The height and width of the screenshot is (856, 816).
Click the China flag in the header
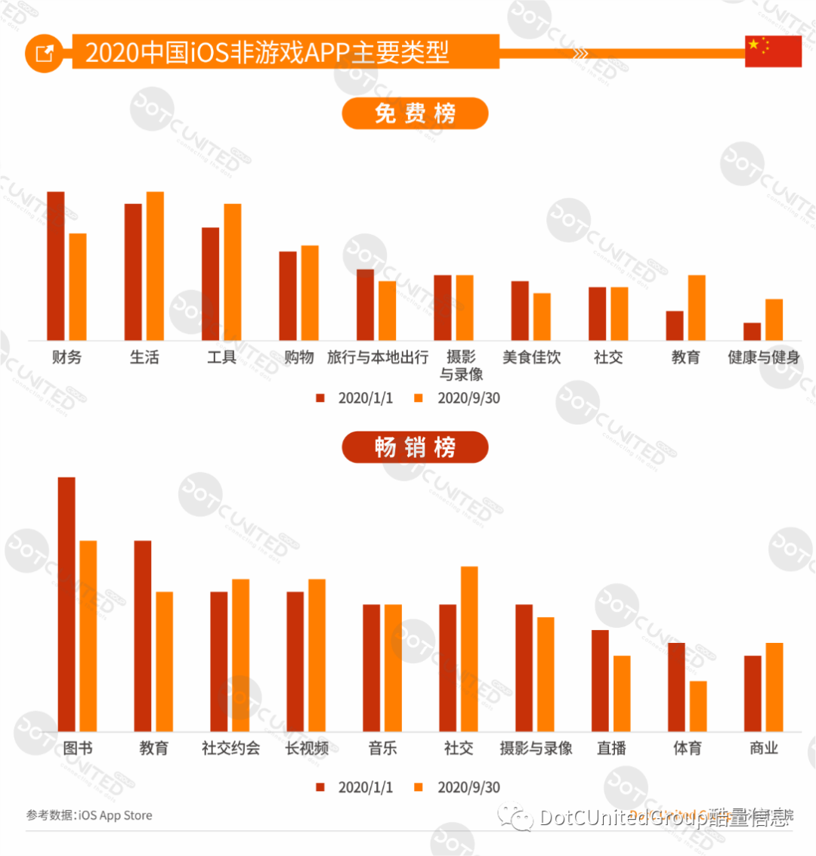(x=773, y=51)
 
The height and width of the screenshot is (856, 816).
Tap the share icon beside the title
(x=45, y=53)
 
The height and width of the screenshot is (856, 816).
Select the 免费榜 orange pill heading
(x=415, y=113)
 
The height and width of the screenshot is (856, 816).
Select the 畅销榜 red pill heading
(x=415, y=447)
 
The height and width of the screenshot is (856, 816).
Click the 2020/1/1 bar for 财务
(x=56, y=266)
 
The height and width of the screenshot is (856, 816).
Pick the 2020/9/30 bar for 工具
(x=233, y=272)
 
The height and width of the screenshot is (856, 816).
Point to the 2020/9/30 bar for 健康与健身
(x=774, y=320)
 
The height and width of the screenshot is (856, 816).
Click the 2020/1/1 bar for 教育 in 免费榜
(x=675, y=326)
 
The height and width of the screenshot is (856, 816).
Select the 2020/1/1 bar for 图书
(x=66, y=604)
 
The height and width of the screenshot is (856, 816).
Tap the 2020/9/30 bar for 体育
(x=698, y=706)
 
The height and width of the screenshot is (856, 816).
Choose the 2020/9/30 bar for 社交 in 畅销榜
(x=469, y=649)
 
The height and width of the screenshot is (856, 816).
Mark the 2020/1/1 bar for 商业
(x=753, y=694)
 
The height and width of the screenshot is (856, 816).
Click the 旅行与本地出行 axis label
(x=378, y=357)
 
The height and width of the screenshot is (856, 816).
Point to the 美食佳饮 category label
(x=532, y=357)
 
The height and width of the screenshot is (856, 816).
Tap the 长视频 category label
(x=307, y=748)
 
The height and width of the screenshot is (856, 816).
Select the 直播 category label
(x=611, y=748)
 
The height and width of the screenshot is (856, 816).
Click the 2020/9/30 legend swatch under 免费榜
(x=419, y=398)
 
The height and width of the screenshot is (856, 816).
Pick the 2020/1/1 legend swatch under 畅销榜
(x=320, y=787)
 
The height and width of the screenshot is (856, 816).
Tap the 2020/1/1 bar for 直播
(x=600, y=681)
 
